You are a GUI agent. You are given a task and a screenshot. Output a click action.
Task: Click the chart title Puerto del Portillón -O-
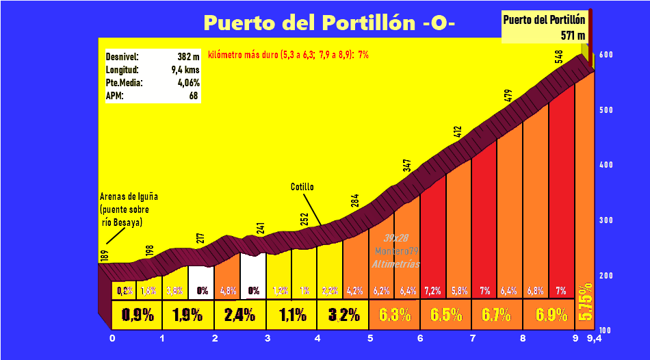tap(329, 23)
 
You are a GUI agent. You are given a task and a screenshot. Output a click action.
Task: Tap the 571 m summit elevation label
tap(572, 34)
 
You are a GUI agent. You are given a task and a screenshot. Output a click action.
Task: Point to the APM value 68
tap(194, 96)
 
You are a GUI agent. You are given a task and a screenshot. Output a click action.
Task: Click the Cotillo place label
tap(302, 186)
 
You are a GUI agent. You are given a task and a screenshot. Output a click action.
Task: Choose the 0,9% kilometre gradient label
tap(137, 316)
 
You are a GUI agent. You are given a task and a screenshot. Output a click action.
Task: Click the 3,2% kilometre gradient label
tap(343, 316)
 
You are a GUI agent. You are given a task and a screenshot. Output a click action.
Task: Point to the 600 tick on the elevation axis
tap(605, 55)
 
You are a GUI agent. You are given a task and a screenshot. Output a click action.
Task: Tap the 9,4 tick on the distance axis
tap(594, 337)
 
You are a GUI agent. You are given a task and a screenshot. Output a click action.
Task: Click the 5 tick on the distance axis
tap(369, 337)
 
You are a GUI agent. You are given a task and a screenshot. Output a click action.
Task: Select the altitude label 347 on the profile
tap(407, 166)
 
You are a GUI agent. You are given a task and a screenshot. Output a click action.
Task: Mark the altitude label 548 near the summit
tap(559, 57)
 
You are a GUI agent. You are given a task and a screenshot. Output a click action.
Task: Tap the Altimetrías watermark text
tap(396, 264)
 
